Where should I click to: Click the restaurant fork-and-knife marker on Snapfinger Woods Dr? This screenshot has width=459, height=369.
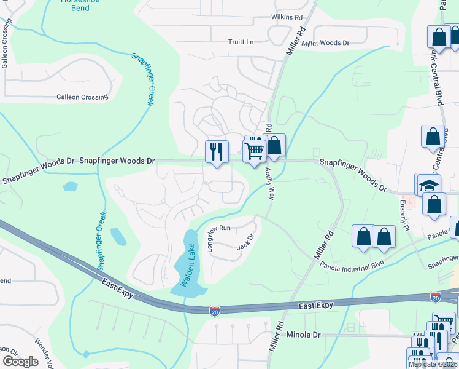217,151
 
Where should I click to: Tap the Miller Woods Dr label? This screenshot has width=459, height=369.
325,43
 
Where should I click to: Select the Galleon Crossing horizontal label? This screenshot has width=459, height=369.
82,97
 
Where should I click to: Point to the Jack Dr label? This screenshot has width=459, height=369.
245,242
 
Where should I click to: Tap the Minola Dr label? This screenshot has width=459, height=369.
304,335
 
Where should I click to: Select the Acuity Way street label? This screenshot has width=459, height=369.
269,185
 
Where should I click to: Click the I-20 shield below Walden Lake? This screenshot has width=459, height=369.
214,311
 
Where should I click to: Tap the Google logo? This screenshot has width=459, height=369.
20,361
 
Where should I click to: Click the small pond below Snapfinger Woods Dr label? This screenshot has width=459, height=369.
70,186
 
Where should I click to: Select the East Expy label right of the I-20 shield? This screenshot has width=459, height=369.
316,306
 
